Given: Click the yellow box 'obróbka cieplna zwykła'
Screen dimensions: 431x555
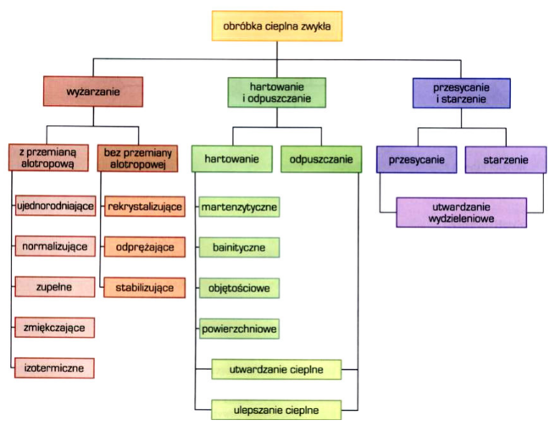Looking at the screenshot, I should [277, 27].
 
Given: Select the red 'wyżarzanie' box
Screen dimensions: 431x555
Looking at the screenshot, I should [92, 91].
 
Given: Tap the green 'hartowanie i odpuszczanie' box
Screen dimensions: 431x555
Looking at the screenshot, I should [277, 92].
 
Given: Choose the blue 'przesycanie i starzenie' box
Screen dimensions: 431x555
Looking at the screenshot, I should [462, 91].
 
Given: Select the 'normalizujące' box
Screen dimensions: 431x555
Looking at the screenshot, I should [54, 246].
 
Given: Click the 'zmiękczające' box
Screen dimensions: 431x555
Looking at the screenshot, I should [54, 327].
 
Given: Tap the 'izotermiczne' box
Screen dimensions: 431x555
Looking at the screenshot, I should [54, 367].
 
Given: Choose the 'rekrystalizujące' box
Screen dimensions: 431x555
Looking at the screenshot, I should [144, 206].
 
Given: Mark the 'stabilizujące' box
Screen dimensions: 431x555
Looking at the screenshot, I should [144, 288].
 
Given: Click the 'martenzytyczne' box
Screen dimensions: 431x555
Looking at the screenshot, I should [240, 206].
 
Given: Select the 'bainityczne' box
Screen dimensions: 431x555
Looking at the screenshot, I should [240, 247].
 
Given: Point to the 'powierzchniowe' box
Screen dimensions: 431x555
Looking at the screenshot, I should [240, 329].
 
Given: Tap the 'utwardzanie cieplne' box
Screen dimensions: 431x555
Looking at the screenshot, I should [276, 369].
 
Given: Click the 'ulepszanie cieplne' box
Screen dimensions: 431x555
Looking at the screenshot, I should [276, 410].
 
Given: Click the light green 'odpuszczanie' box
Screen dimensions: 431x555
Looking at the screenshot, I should [315, 159].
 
